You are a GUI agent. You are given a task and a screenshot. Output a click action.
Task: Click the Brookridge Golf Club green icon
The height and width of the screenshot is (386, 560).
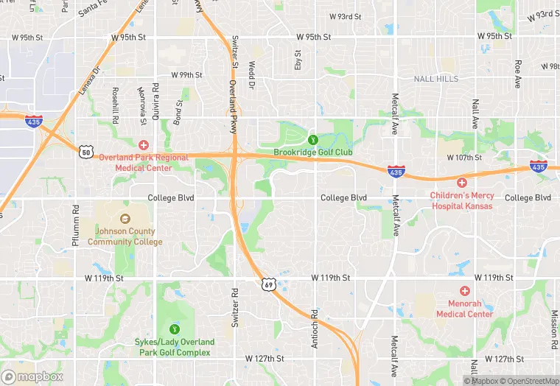pos(312,139)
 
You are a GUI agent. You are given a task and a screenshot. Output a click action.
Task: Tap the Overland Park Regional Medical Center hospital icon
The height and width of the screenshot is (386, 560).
pos(144,145)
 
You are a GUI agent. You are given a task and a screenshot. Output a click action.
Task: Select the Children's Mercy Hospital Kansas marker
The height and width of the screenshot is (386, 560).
pos(462,183)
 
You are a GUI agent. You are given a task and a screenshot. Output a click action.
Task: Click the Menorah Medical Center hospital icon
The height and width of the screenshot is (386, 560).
pos(464,292)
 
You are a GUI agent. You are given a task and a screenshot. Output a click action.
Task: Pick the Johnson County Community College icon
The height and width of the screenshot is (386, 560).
pos(125,219)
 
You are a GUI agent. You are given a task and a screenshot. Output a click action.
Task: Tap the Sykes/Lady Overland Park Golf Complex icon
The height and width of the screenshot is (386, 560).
pos(175,329)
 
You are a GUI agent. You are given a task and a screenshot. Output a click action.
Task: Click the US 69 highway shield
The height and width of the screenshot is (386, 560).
pos(270,284)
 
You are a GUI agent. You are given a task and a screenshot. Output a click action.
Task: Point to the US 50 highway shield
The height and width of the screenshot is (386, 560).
pos(87,152)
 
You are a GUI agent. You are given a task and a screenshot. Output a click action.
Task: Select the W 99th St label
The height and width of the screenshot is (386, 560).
pos(186,75)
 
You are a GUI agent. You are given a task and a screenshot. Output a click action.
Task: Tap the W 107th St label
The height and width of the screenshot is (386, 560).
pos(463,158)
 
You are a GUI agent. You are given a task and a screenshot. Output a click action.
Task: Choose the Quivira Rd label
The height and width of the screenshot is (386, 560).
pos(156,108)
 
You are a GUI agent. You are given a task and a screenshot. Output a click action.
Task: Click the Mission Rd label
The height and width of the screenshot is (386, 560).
pos(553,324)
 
